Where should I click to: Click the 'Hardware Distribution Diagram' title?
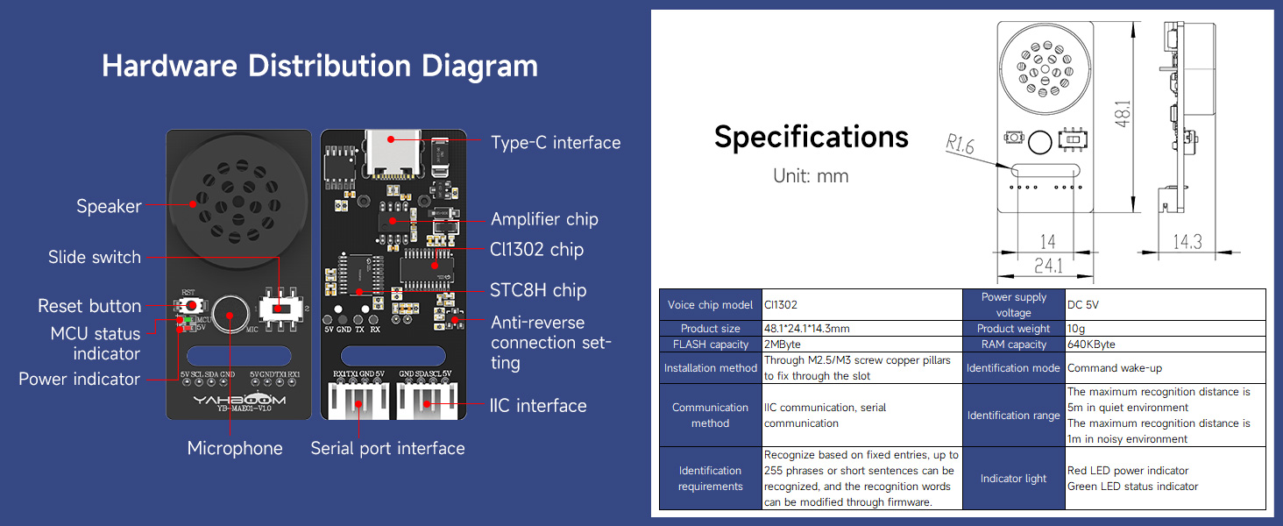(x=320, y=67)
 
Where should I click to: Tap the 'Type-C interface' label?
(x=555, y=143)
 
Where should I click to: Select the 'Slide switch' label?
(x=94, y=257)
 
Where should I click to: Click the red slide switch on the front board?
(x=279, y=309)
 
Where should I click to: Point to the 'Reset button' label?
(x=89, y=306)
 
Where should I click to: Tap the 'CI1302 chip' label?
(x=536, y=250)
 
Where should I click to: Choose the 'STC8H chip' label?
(x=538, y=290)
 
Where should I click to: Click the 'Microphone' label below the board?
(x=235, y=448)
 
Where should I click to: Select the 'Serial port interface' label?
(x=387, y=448)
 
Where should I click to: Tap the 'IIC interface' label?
(x=538, y=405)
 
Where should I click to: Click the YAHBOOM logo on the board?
(x=238, y=400)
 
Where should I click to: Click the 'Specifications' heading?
(x=811, y=137)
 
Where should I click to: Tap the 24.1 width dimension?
(x=1047, y=265)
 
